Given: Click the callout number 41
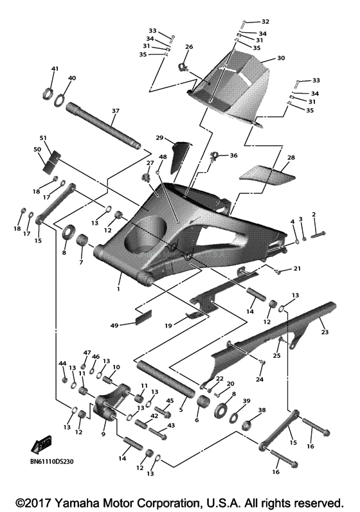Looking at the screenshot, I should tap(55, 69).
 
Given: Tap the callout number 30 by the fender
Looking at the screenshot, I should tap(280, 58).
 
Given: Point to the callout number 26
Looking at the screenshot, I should tap(189, 47).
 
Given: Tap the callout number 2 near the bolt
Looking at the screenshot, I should tap(314, 214).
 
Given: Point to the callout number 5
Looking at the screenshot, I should tap(181, 409).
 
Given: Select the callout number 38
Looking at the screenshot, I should tap(262, 409).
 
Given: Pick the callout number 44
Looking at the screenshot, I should tap(62, 364).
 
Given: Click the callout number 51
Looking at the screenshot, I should tap(44, 137).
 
